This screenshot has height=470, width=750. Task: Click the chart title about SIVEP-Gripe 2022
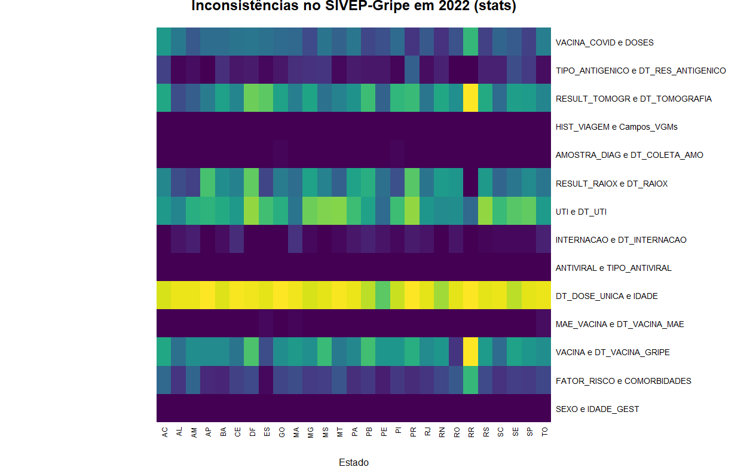click(353, 6)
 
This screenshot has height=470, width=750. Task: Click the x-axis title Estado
click(353, 462)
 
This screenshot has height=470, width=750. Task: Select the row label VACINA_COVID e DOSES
click(604, 42)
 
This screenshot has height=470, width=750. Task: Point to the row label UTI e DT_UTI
click(581, 212)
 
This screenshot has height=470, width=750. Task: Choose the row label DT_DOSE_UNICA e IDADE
click(607, 296)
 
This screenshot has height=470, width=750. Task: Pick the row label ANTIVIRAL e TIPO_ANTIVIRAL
click(613, 268)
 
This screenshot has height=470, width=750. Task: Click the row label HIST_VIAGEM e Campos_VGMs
click(616, 127)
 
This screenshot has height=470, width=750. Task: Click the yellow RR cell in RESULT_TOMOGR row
click(471, 99)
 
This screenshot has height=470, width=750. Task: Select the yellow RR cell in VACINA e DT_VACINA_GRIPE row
click(471, 352)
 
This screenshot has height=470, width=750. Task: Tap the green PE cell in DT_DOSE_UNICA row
click(383, 296)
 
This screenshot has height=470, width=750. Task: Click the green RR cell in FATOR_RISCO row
click(471, 380)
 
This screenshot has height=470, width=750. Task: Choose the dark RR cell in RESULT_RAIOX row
click(471, 184)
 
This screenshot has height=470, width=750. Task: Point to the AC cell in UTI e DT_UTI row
click(164, 212)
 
